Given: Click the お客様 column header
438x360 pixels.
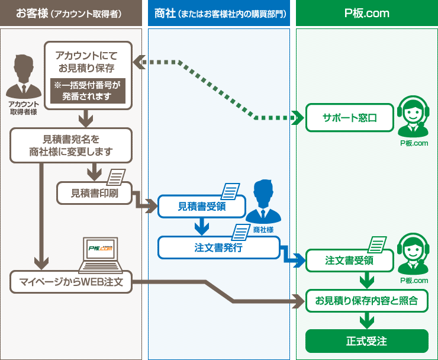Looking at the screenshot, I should tap(71, 13).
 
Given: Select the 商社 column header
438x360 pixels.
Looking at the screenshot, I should tap(219, 13).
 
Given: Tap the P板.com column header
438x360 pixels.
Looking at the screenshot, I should tap(367, 13).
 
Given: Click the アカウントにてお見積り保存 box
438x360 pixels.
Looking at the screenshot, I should tap(88, 62).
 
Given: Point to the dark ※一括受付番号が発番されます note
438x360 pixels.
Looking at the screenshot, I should tap(88, 91).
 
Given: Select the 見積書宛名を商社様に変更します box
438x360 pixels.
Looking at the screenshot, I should tap(71, 146).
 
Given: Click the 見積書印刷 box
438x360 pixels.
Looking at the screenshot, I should tap(94, 192).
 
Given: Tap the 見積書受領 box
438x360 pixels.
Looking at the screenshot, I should tap(202, 207).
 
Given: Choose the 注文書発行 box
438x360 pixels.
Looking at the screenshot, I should tap(218, 247).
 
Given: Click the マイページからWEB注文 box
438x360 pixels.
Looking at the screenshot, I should tap(70, 282).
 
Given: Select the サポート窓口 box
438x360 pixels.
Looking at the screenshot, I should tap(350, 117).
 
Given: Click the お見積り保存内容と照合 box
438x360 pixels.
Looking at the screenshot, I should tap(366, 301).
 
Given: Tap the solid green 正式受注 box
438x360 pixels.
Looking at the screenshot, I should tap(366, 341).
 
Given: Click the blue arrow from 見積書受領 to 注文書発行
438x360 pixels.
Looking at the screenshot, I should tap(202, 226).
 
